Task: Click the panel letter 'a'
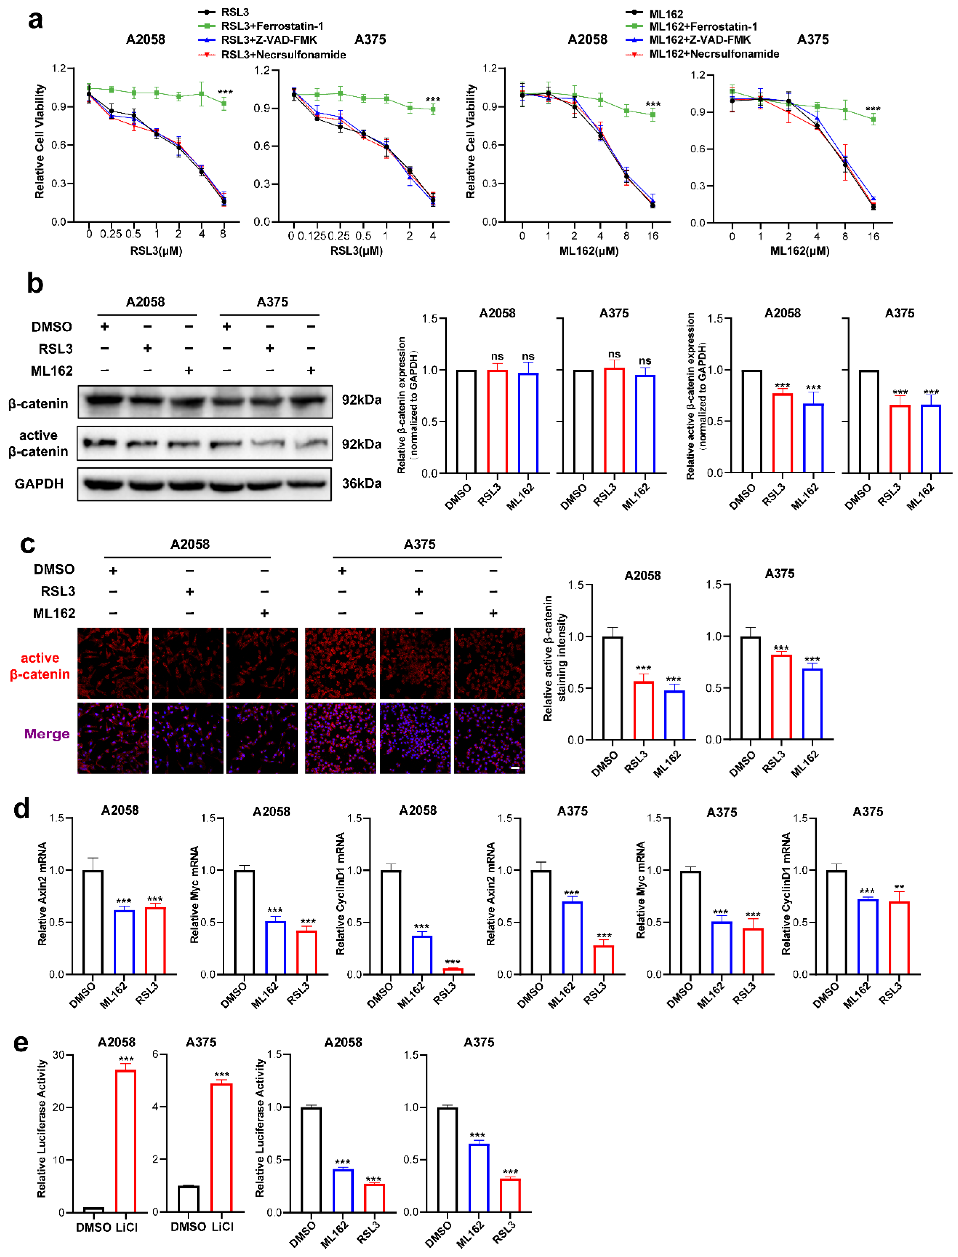(35, 20)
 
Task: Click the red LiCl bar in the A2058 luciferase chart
(126, 1141)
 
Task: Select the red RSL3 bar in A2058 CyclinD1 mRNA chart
(453, 971)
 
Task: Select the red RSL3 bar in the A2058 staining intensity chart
(644, 710)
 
